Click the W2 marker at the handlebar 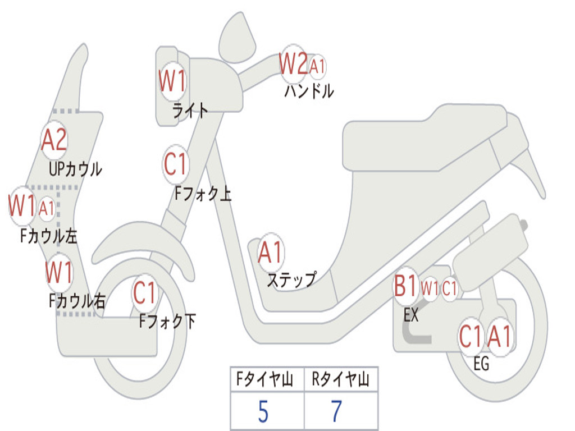(294, 65)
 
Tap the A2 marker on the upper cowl (54, 140)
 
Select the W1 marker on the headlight (171, 82)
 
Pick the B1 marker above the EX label (405, 287)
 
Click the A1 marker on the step (271, 253)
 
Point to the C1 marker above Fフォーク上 (175, 164)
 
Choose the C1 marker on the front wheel (145, 292)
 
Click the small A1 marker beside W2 (317, 66)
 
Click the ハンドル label (309, 91)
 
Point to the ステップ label (291, 279)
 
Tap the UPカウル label (75, 168)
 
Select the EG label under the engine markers (481, 364)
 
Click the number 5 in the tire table (263, 412)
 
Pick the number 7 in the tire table (336, 412)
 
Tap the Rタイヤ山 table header (340, 380)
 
